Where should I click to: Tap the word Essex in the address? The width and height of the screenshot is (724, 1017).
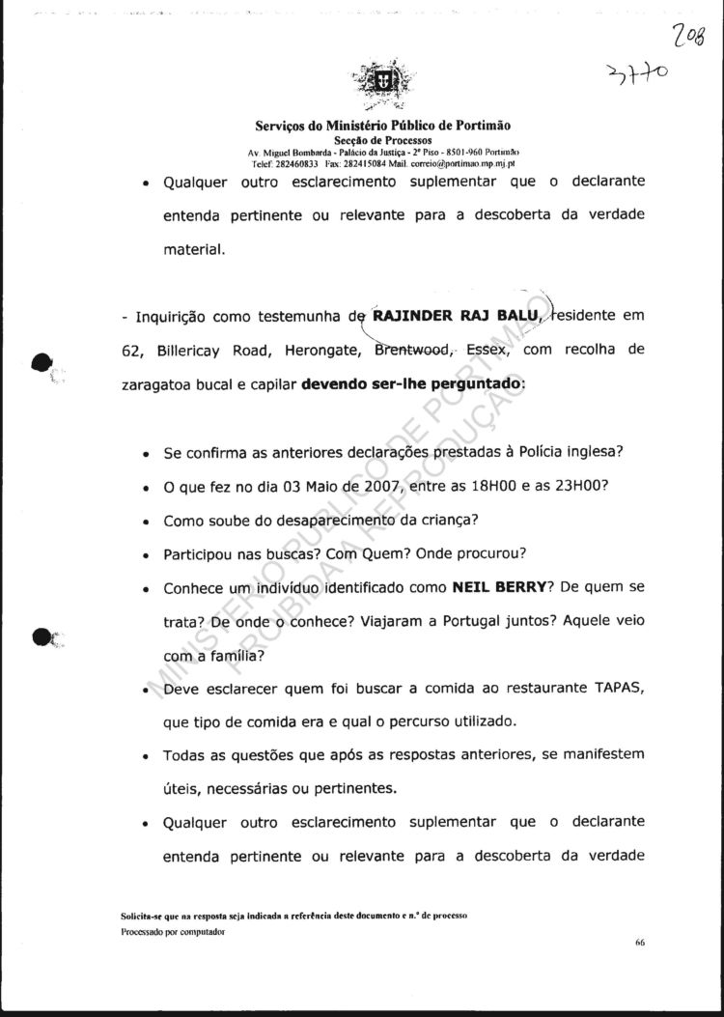pyautogui.click(x=487, y=351)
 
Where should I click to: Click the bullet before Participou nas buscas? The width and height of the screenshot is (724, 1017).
pyautogui.click(x=144, y=557)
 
